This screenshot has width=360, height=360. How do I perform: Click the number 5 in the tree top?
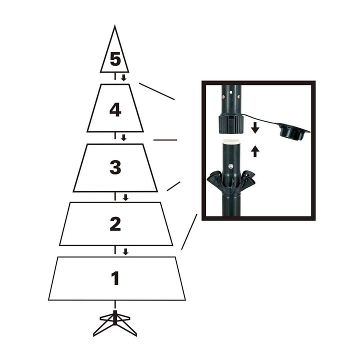(x=115, y=59)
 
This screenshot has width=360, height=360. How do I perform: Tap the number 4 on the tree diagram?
(x=115, y=109)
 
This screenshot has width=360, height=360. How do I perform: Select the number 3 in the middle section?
(x=115, y=167)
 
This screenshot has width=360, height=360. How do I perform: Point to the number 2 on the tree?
(x=115, y=224)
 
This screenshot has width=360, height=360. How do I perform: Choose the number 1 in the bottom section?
(x=115, y=278)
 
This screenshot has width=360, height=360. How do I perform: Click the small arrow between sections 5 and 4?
(x=123, y=78)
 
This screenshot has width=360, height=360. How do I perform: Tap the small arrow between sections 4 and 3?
(x=123, y=137)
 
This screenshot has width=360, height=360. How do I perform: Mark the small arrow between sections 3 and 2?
(x=125, y=197)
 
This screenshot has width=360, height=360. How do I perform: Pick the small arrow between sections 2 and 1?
(x=125, y=251)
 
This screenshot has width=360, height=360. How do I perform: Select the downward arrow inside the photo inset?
(x=255, y=128)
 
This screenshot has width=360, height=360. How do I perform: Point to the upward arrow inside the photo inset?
(x=255, y=150)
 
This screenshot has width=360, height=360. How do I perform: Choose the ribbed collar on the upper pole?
(x=230, y=123)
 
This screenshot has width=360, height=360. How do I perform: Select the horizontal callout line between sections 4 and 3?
(x=165, y=140)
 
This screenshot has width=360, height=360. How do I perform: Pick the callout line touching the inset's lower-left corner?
(x=189, y=232)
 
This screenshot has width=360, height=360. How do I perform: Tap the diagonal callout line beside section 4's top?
(x=156, y=91)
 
